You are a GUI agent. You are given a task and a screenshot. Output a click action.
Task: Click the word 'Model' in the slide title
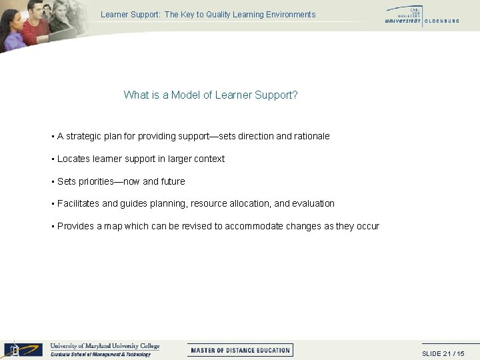tap(185, 95)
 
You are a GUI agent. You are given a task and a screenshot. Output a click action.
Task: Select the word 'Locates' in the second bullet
tap(73, 159)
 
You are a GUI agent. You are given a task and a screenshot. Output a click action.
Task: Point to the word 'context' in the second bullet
tap(209, 159)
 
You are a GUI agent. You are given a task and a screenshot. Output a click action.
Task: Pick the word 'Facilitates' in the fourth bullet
tap(78, 203)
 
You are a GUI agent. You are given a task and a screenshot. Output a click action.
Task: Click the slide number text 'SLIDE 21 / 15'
tap(443, 353)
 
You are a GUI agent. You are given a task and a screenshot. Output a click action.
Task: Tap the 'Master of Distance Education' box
tap(240, 350)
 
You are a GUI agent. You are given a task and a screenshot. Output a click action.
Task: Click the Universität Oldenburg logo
tap(421, 16)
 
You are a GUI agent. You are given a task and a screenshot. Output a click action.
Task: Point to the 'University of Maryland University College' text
tap(105, 346)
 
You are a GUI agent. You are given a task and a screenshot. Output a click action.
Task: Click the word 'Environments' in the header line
tap(291, 14)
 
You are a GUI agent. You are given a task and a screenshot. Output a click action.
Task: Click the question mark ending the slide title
tap(295, 95)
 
